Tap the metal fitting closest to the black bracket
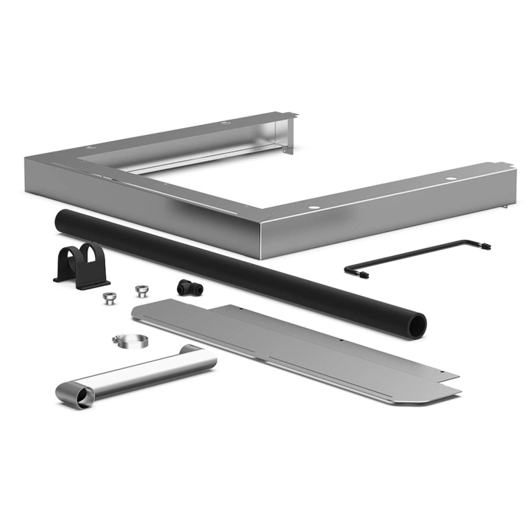(106, 297)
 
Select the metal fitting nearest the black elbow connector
(141, 291)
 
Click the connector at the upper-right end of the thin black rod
(486, 245)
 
